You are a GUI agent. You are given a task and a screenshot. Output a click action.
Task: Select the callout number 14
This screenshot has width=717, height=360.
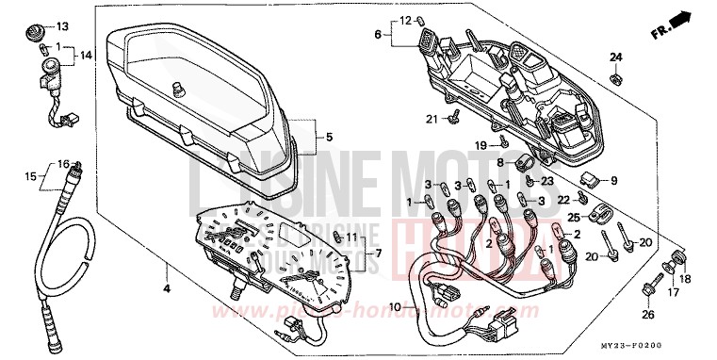point(87,56)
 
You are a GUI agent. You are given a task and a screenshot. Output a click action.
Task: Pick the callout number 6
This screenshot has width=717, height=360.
point(378,35)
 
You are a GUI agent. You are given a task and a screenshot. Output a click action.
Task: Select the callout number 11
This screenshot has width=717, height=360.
point(350,236)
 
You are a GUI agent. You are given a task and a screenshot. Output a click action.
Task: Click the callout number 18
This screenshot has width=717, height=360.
point(684,280)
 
